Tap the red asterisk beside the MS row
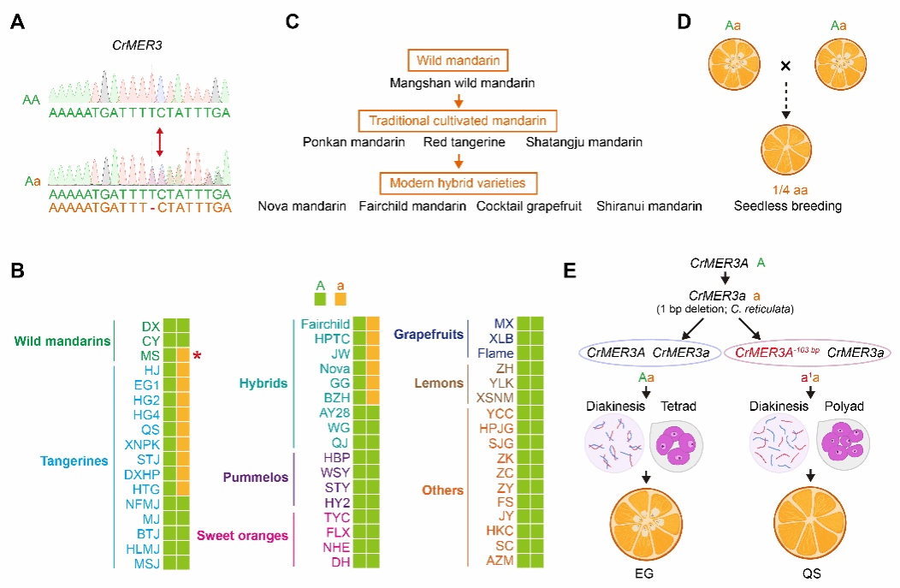point(197,355)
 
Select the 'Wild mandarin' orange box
point(459,61)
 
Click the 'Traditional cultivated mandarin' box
point(459,121)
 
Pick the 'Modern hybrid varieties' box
point(459,182)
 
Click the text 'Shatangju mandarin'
point(584,142)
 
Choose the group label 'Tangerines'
point(74,460)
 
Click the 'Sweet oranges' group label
point(242,535)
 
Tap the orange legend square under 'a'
point(340,299)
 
